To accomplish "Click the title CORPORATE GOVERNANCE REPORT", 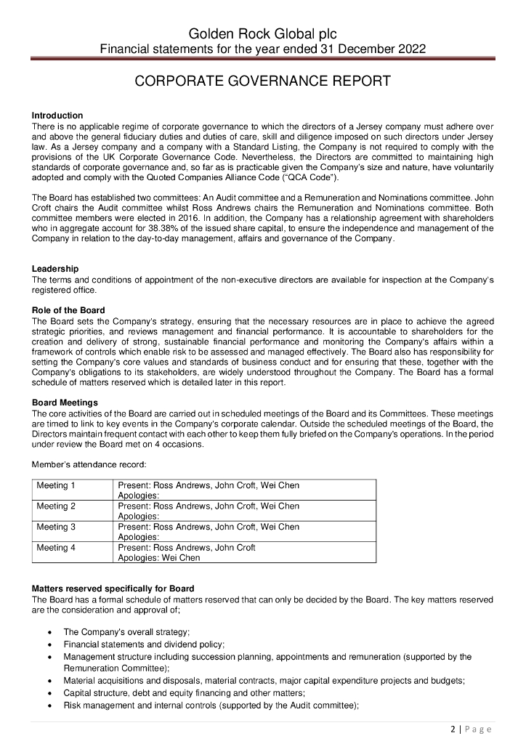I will (263, 81).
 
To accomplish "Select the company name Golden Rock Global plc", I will (263, 34).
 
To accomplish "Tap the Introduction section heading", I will (57, 116).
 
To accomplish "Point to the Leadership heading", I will (55, 270).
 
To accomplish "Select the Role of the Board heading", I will (68, 310).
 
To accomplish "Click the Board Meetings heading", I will (65, 403).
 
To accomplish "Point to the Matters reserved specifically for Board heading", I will (113, 588).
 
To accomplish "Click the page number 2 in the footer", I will (452, 729).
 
